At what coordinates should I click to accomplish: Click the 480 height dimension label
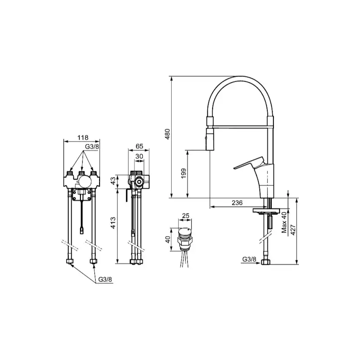167,134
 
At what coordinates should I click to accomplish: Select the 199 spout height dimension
183,173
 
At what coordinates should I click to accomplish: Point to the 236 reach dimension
237,203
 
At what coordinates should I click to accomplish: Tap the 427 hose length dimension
293,230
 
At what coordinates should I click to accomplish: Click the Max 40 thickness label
284,222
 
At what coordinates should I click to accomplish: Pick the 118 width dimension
83,137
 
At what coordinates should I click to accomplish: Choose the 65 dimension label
140,146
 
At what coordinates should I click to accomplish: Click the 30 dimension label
139,157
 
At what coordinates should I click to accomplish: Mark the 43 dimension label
113,181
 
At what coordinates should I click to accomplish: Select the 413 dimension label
113,223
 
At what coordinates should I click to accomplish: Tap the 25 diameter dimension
186,216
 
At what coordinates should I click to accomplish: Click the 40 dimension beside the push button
168,240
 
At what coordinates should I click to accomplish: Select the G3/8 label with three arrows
92,147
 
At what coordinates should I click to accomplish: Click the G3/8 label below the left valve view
105,280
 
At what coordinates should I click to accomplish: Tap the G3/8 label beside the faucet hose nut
249,259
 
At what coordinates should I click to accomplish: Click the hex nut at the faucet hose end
266,262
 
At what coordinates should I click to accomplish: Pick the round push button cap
185,232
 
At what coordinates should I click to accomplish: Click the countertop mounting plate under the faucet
267,210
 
